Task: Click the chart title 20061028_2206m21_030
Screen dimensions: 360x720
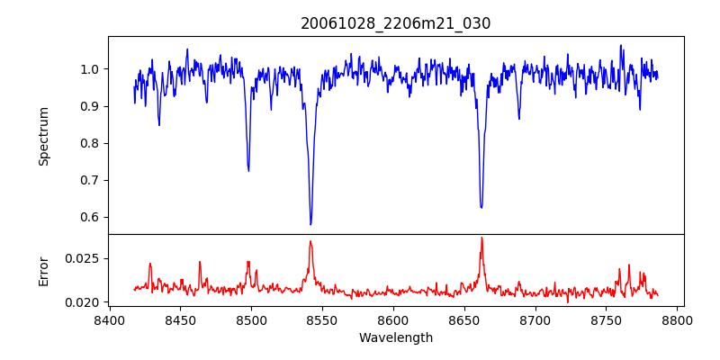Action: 395,23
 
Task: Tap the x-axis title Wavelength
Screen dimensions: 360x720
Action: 395,337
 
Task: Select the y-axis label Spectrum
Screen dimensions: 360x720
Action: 43,135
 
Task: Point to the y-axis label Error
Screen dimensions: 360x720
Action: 43,271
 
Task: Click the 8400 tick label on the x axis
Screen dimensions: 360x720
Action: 109,319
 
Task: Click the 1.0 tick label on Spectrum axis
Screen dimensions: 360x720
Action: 87,69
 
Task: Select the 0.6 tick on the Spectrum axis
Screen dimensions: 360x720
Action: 87,217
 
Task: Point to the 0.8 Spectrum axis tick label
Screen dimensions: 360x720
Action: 87,143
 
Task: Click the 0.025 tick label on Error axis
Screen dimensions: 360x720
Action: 81,258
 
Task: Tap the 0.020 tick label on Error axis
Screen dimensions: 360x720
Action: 81,301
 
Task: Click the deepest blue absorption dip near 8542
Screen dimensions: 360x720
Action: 310,224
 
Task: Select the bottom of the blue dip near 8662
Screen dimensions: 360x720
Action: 481,208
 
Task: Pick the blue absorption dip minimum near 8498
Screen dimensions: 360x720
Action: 248,170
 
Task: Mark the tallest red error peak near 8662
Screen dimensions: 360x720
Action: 481,238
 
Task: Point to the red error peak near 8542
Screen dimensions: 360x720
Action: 310,240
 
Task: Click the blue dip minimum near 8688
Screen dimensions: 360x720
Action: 518,119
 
